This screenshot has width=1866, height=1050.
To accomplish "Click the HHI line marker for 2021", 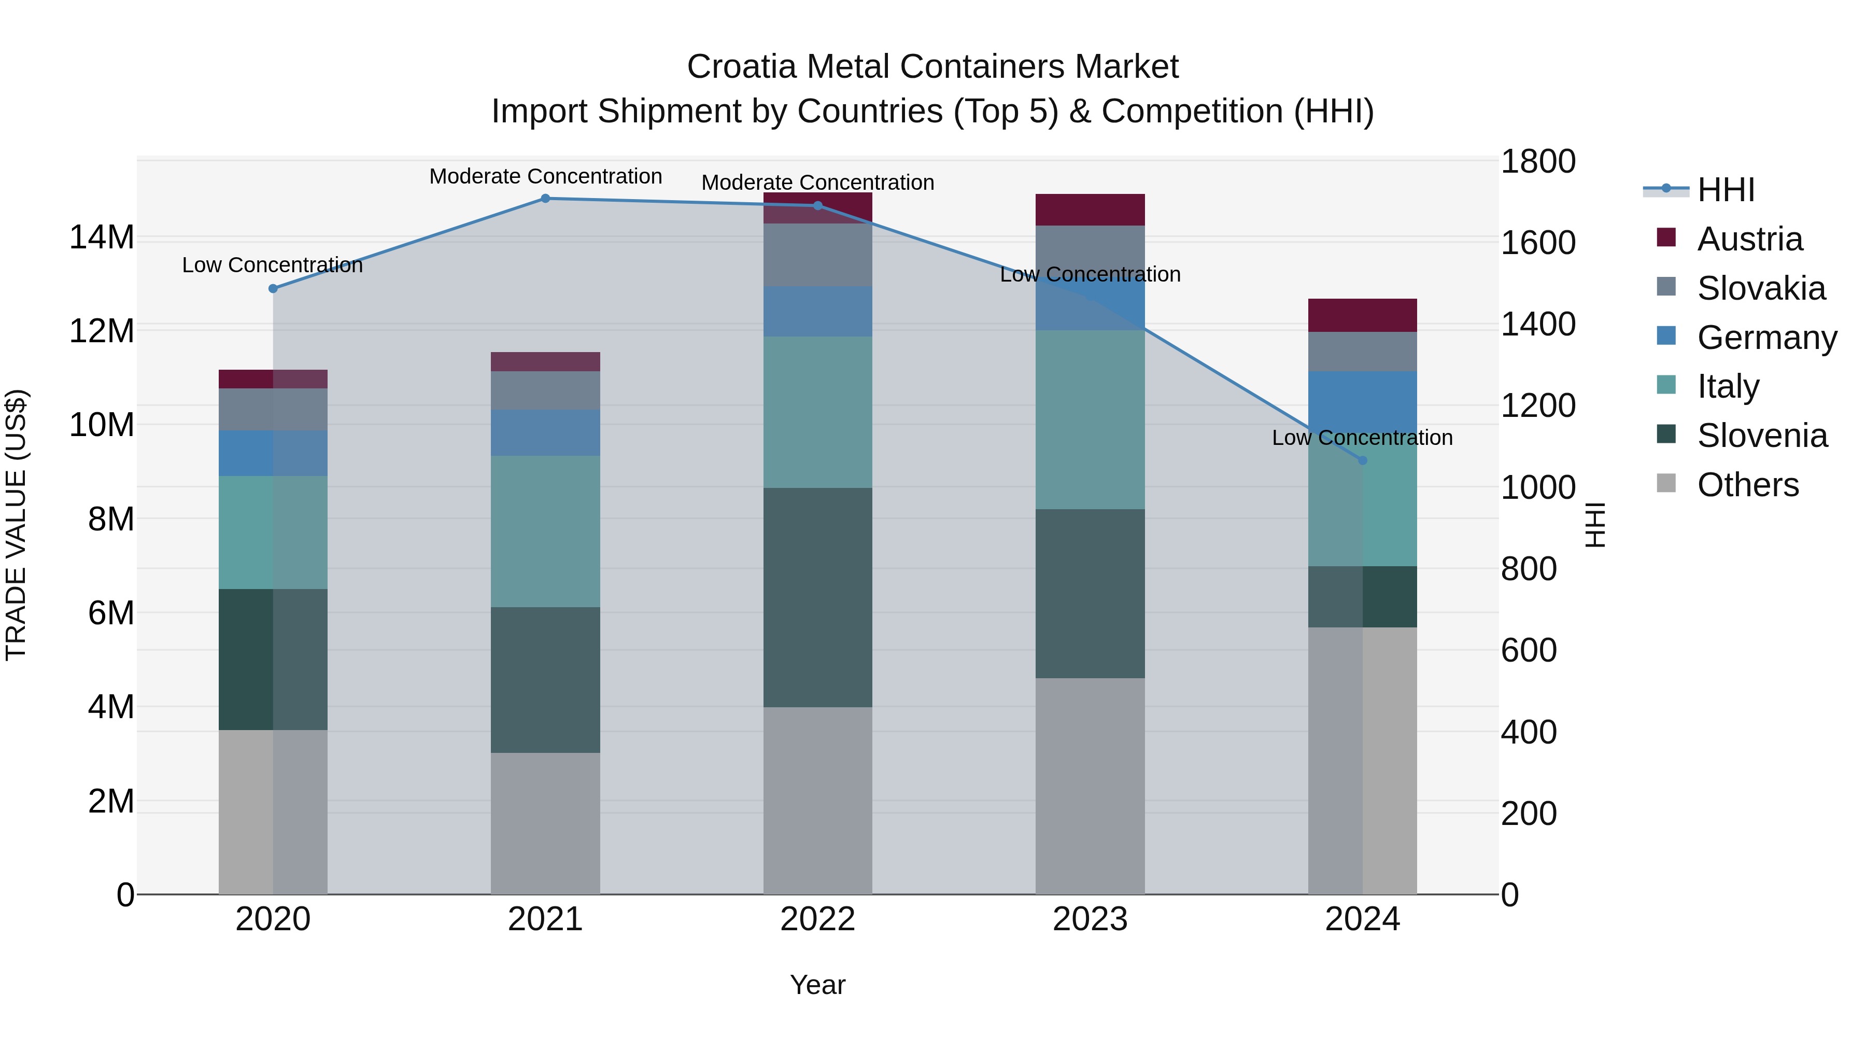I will [545, 199].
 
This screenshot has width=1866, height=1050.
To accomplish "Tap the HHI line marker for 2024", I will [1362, 460].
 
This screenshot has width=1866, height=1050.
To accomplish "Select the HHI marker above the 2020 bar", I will [273, 288].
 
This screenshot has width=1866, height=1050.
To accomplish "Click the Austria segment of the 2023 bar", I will [1090, 209].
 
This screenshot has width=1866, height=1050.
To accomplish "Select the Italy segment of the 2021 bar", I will [545, 530].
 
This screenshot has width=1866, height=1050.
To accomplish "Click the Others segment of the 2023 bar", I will [1090, 786].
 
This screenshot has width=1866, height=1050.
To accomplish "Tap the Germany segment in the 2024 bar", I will [1362, 402].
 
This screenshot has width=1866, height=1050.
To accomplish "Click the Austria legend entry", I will [1749, 239].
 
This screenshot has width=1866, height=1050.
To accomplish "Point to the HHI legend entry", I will [1724, 190].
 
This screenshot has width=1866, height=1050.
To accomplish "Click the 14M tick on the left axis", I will [102, 237].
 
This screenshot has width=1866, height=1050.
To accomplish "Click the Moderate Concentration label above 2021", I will [545, 176].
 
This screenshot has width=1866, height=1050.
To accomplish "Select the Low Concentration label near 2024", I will [1362, 438].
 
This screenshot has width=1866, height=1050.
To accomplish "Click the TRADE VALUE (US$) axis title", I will [16, 525].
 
